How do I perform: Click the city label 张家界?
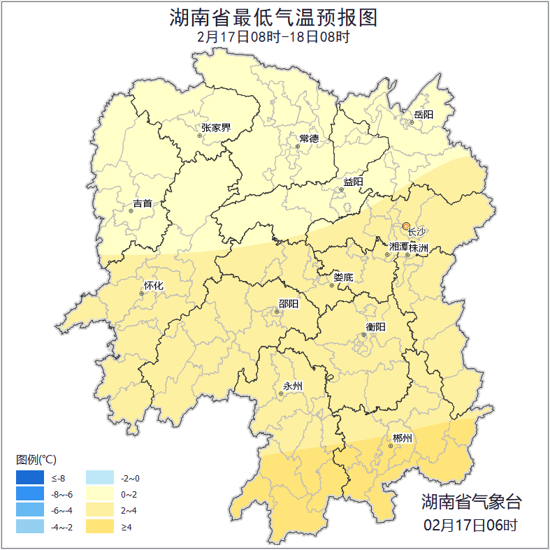pyautogui.click(x=215, y=127)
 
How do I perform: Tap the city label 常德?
pyautogui.click(x=308, y=138)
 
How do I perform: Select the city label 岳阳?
pyautogui.click(x=424, y=115)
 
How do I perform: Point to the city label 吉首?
pyautogui.click(x=143, y=203)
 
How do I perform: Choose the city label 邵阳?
pyautogui.click(x=288, y=303)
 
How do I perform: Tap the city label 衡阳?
pyautogui.click(x=375, y=326)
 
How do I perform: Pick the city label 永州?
pyautogui.click(x=293, y=386)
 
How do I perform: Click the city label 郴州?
pyautogui.click(x=403, y=438)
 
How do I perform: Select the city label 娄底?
pyautogui.click(x=343, y=277)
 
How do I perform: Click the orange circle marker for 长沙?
pyautogui.click(x=406, y=226)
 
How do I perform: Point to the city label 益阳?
pyautogui.click(x=353, y=182)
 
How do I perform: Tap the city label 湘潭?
pyautogui.click(x=398, y=247)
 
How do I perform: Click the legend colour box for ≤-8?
pyautogui.click(x=30, y=478)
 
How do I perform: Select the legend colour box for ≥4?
pyautogui.click(x=100, y=526)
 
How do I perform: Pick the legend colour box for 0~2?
pyautogui.click(x=100, y=494)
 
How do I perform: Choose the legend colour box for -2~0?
pyautogui.click(x=100, y=478)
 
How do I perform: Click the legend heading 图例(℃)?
pyautogui.click(x=36, y=459)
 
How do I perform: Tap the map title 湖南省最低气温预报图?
pyautogui.click(x=274, y=17)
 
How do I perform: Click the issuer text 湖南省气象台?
pyautogui.click(x=471, y=501)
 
